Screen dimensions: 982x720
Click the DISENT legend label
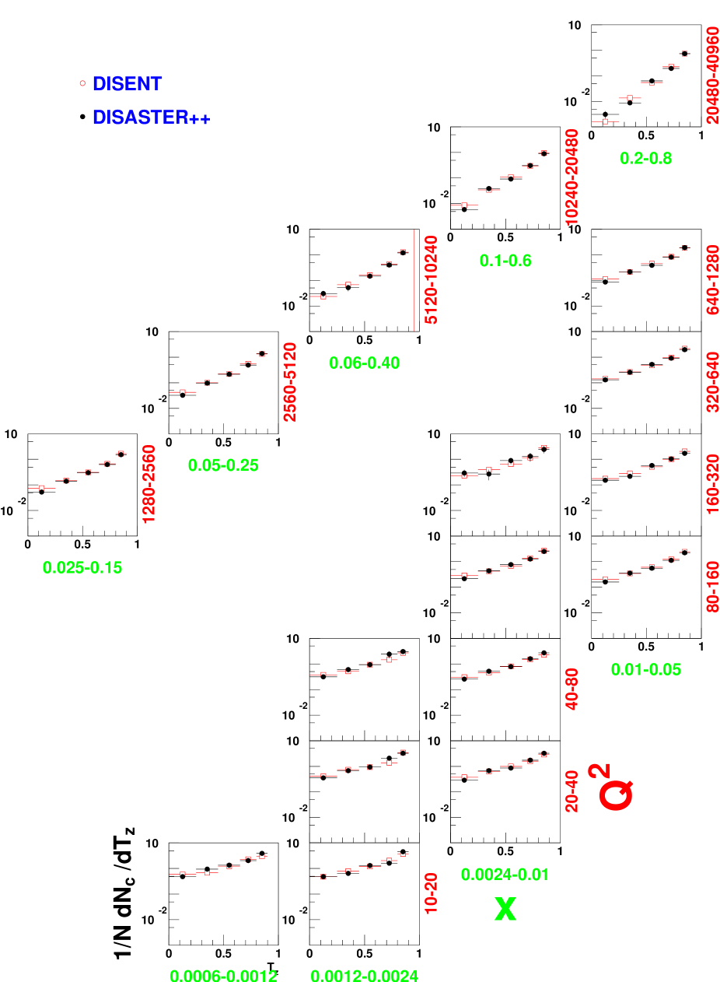127,83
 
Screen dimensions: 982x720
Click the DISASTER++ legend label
151,117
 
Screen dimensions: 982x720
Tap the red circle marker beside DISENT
82,83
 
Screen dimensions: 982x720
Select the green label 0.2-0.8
645,159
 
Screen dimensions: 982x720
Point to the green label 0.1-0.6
505,261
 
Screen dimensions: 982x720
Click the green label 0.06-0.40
364,363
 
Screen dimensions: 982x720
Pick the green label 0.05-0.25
223,465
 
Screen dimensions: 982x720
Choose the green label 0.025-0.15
82,568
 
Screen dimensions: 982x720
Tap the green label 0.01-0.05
645,669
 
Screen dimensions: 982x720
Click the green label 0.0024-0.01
505,875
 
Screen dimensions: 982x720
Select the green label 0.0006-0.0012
223,975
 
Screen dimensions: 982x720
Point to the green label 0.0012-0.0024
364,975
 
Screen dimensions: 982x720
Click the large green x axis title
505,909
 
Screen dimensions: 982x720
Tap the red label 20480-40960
712,75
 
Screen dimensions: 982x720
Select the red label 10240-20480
572,177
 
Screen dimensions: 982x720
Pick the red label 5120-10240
431,280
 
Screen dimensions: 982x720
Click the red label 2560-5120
290,382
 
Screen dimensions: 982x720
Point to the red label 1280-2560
149,484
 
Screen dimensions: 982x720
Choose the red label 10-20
431,893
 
